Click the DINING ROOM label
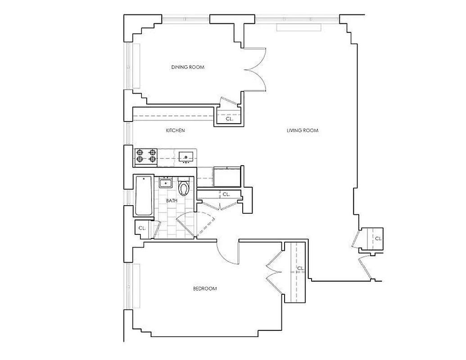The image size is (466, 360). [188, 67]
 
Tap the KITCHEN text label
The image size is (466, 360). [176, 130]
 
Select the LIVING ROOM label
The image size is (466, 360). [303, 130]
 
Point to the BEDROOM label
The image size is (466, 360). [205, 288]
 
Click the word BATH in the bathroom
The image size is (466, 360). [171, 201]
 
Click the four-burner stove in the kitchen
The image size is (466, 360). [146, 156]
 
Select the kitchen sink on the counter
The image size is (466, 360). [185, 157]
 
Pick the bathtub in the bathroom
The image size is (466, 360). [144, 196]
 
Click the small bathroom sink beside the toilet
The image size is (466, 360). [166, 183]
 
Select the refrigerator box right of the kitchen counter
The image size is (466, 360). [228, 176]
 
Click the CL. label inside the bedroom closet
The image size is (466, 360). [301, 269]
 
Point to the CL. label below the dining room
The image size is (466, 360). [229, 119]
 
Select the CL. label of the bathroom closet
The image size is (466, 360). [142, 228]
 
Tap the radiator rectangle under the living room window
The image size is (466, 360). [299, 27]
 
